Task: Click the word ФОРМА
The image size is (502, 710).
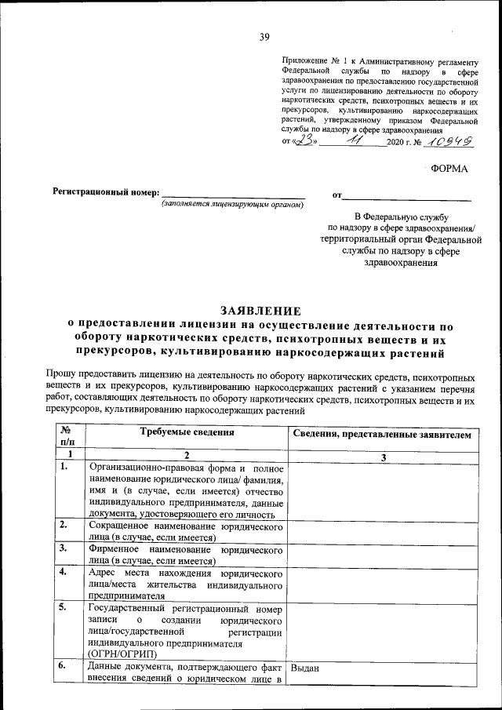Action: pos(449,169)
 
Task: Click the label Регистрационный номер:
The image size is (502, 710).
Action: pos(106,192)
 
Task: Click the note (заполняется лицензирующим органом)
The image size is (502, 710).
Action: pos(232,205)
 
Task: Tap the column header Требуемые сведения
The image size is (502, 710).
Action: pos(187,432)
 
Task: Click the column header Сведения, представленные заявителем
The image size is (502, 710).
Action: pos(382,434)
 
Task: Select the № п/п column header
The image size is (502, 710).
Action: pos(67,437)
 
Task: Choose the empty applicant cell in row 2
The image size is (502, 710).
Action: pos(382,532)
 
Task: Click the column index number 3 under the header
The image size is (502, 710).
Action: pos(382,456)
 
